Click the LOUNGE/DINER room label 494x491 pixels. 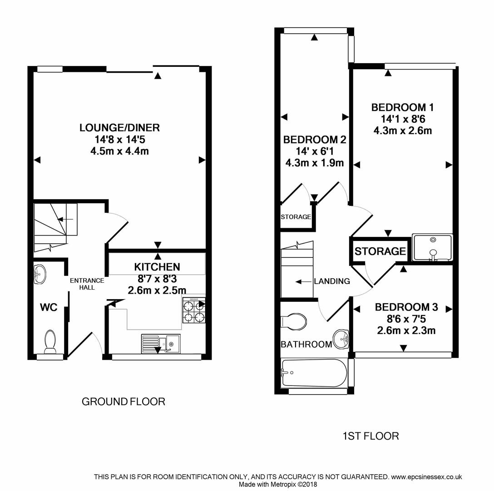tap(119, 128)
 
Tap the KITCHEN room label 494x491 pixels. tap(157, 267)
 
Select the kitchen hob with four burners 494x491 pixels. tap(194, 311)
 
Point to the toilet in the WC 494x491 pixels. tap(50, 341)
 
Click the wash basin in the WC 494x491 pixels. tap(40, 274)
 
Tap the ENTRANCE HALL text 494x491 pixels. tap(87, 284)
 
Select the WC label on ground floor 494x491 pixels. tap(48, 308)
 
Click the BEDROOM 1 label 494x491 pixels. tap(402, 108)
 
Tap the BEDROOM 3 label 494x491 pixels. tap(406, 307)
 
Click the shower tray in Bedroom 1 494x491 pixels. tap(432, 247)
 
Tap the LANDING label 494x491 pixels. tap(334, 281)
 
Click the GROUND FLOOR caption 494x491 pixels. tap(123, 401)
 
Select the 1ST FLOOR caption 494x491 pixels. tap(370, 436)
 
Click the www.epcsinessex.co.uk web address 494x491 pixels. tap(426, 477)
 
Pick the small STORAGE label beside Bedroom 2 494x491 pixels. tap(296, 217)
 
